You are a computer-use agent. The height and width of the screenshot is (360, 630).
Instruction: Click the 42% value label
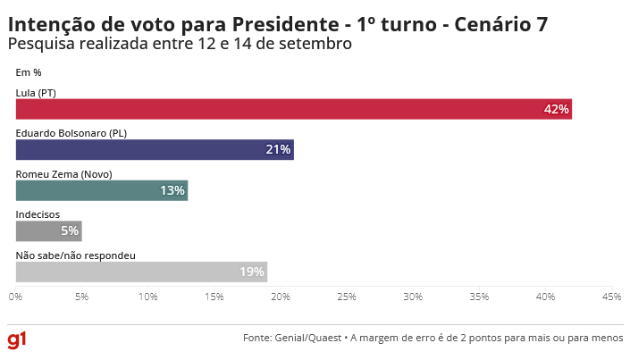[x=556, y=109]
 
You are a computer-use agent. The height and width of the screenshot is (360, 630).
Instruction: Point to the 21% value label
[x=278, y=150]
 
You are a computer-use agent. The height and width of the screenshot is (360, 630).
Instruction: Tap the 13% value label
[x=172, y=190]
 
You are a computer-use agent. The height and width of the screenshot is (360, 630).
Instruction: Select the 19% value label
[x=252, y=272]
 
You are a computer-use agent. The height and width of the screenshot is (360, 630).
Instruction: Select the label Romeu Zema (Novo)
[x=63, y=174]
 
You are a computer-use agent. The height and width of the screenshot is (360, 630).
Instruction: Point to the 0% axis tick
[x=16, y=296]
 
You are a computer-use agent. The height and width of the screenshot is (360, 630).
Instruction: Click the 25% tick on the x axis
[x=347, y=296]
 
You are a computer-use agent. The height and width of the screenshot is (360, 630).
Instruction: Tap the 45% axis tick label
[x=611, y=296]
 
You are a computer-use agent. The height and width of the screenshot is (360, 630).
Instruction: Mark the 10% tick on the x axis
[x=148, y=296]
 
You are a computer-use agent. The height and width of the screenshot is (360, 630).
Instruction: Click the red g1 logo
[x=17, y=339]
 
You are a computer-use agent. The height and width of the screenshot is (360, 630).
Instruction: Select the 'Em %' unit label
[x=29, y=72]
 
